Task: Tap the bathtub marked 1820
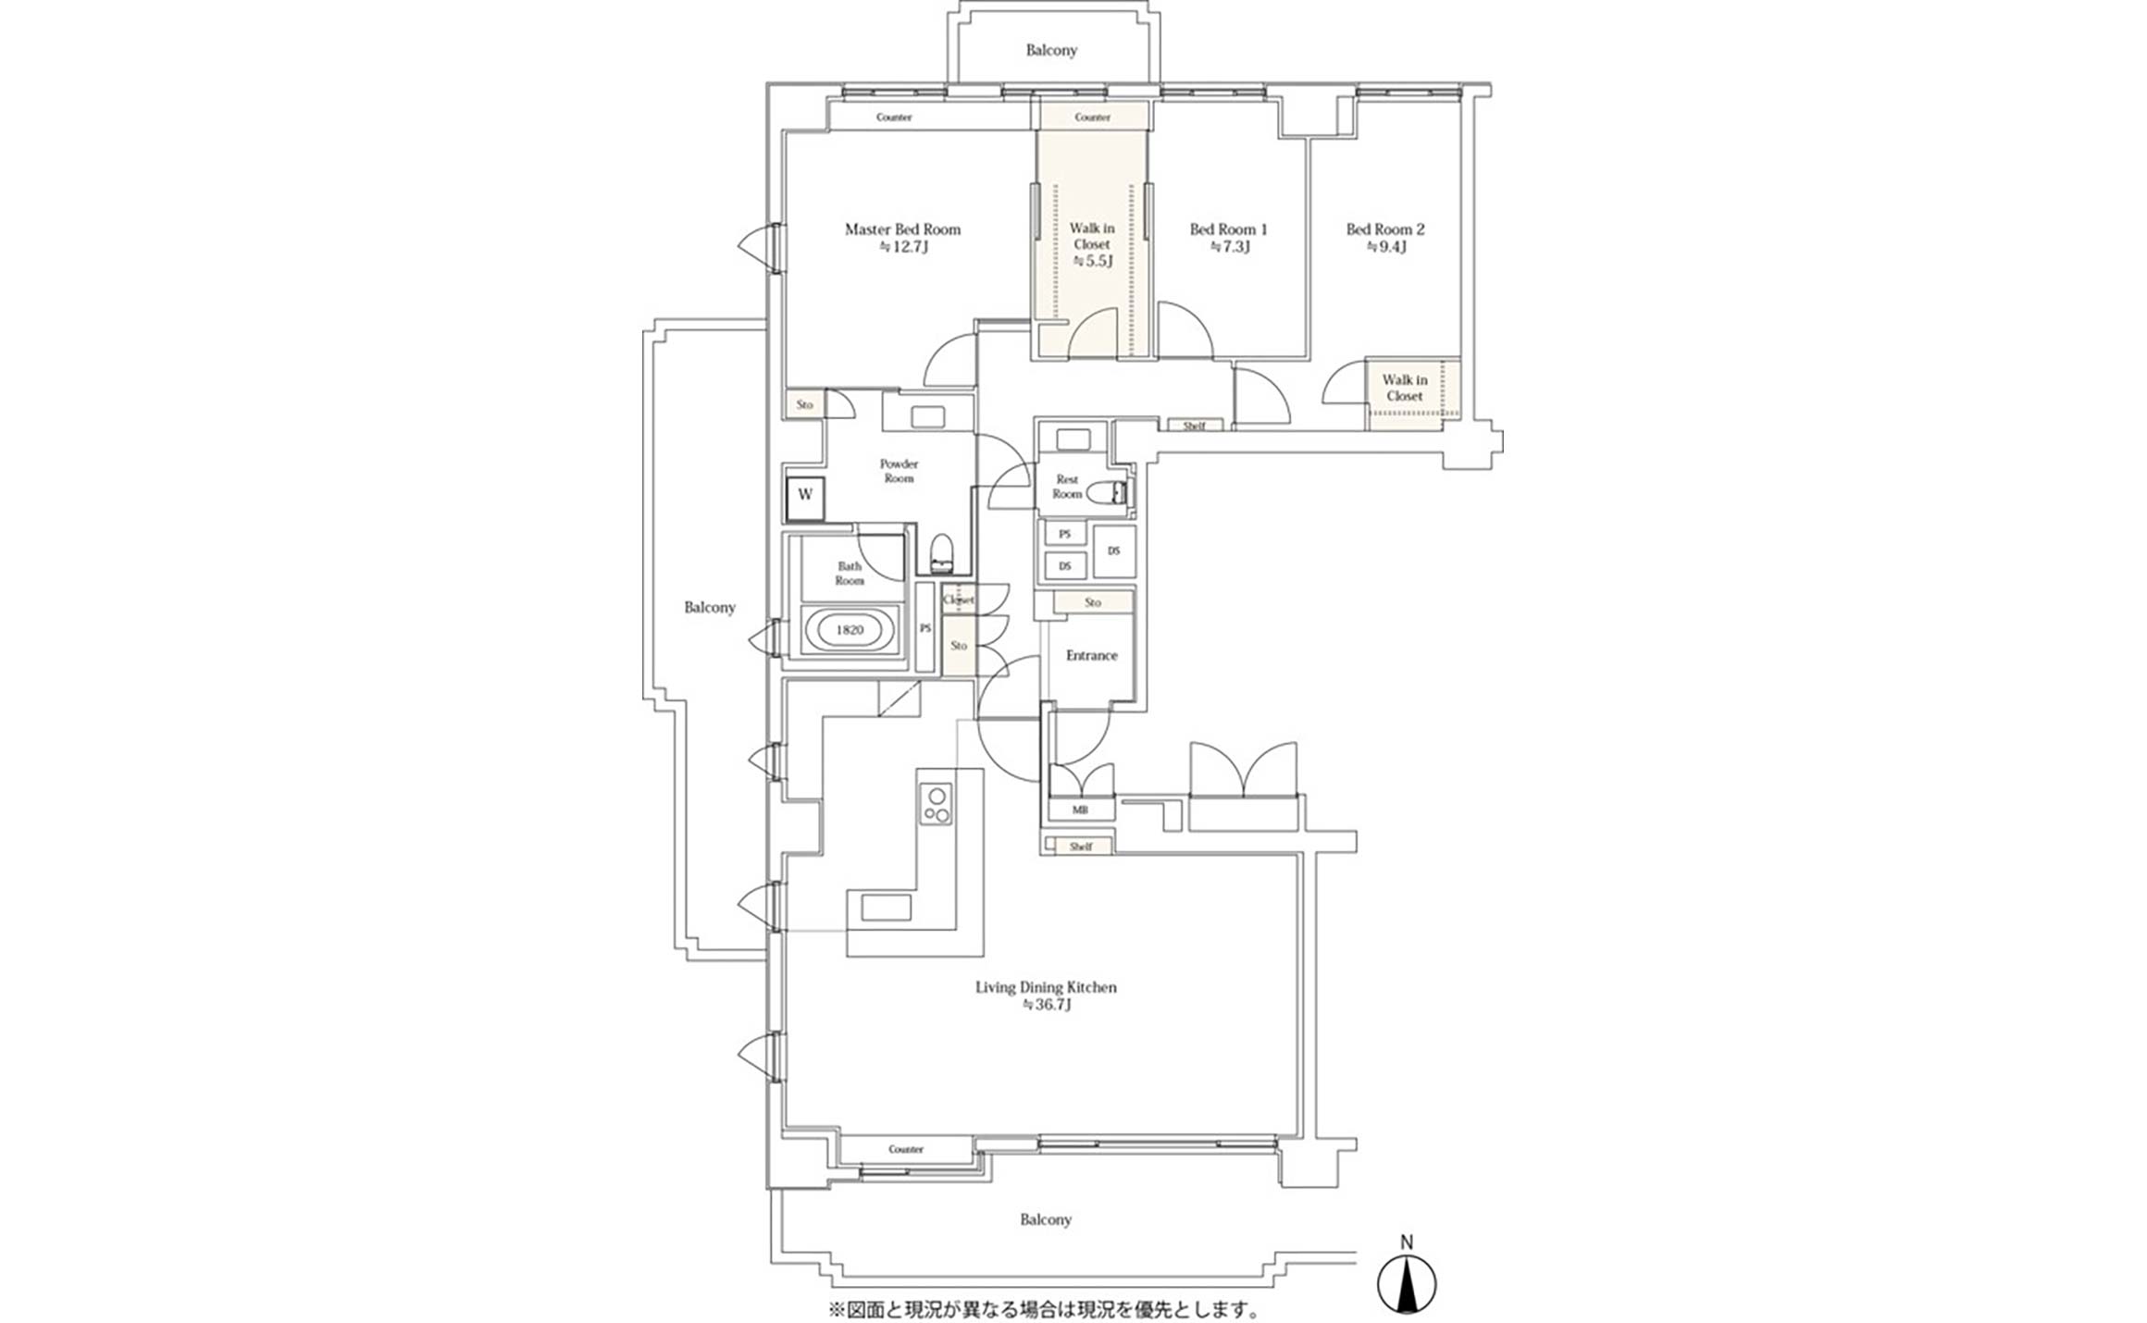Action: coord(850,630)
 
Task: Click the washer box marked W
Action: coord(805,494)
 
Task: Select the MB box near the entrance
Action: coord(1080,810)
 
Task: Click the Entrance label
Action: coord(1092,655)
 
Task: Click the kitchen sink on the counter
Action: coord(886,908)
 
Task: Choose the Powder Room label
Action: coord(899,471)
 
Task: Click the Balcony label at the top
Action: coord(1051,50)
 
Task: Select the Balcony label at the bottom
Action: coord(1046,1219)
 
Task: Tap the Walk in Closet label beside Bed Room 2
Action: coord(1405,388)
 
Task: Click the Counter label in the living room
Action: coord(906,1149)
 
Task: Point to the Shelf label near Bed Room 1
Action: coord(1194,426)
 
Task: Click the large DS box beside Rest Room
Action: coord(1114,550)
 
